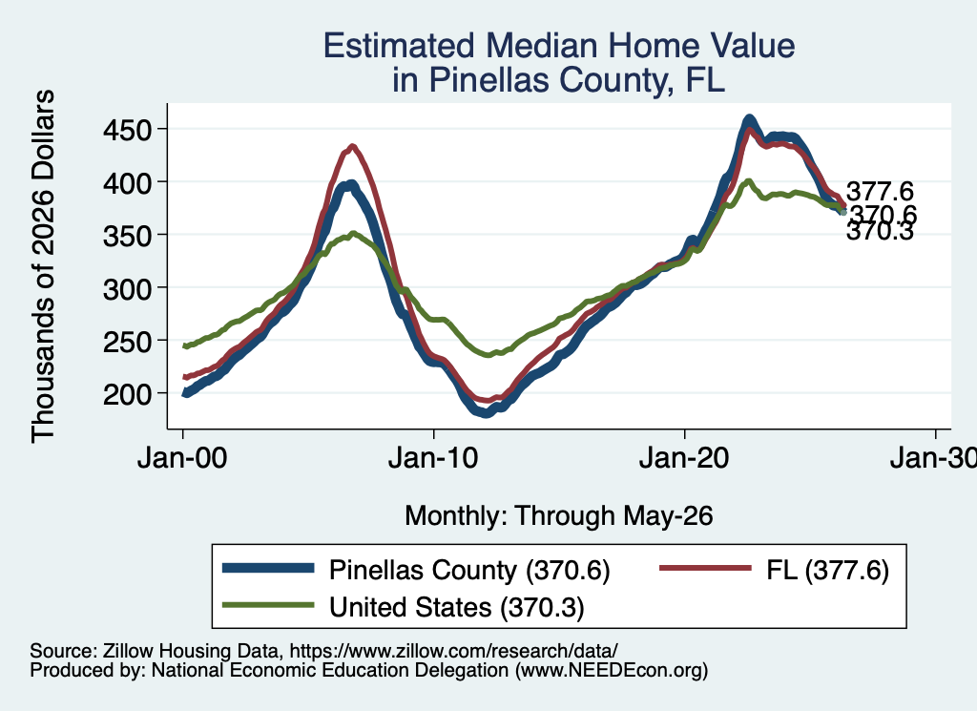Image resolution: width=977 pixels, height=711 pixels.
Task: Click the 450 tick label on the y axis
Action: click(127, 131)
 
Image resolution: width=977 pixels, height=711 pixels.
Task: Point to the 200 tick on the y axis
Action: click(127, 394)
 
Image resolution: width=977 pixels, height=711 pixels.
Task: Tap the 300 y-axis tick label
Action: click(127, 289)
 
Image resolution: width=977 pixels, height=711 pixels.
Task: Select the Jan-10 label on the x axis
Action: click(433, 459)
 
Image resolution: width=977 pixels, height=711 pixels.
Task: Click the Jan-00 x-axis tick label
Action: click(182, 459)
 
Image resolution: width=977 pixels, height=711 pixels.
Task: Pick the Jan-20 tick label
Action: click(684, 459)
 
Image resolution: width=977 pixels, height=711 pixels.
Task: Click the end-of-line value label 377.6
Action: click(880, 191)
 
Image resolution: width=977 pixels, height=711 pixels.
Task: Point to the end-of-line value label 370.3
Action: click(880, 232)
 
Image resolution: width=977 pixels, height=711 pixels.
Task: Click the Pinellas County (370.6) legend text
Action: click(469, 570)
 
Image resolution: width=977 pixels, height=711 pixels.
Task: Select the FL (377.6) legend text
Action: click(827, 570)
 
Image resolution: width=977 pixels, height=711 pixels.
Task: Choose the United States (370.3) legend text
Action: click(457, 608)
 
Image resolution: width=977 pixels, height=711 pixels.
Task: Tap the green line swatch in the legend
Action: click(268, 605)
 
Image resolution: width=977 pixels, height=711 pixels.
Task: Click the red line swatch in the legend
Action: click(706, 568)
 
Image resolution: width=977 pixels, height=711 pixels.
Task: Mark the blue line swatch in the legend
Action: click(268, 568)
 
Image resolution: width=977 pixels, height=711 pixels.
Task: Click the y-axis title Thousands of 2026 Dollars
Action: click(43, 266)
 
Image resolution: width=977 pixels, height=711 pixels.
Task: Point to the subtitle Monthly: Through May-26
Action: click(559, 516)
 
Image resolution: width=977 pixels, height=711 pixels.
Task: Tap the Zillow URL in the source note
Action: click(453, 651)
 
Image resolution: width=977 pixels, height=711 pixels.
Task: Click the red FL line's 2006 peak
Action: click(353, 147)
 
